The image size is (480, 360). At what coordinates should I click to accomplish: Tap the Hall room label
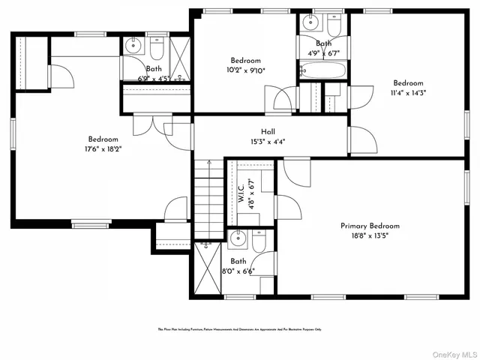(268, 131)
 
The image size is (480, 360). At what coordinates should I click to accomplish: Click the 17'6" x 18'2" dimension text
(103, 149)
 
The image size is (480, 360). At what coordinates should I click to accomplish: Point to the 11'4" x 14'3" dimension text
(408, 93)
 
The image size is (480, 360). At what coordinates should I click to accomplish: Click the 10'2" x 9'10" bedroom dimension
(245, 70)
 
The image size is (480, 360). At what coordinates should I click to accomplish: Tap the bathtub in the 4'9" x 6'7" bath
(322, 72)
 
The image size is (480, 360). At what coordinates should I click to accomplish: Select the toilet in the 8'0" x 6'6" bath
(259, 241)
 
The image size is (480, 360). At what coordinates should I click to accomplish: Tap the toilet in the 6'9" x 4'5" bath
(157, 49)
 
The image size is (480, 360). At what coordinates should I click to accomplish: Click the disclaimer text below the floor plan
(240, 329)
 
